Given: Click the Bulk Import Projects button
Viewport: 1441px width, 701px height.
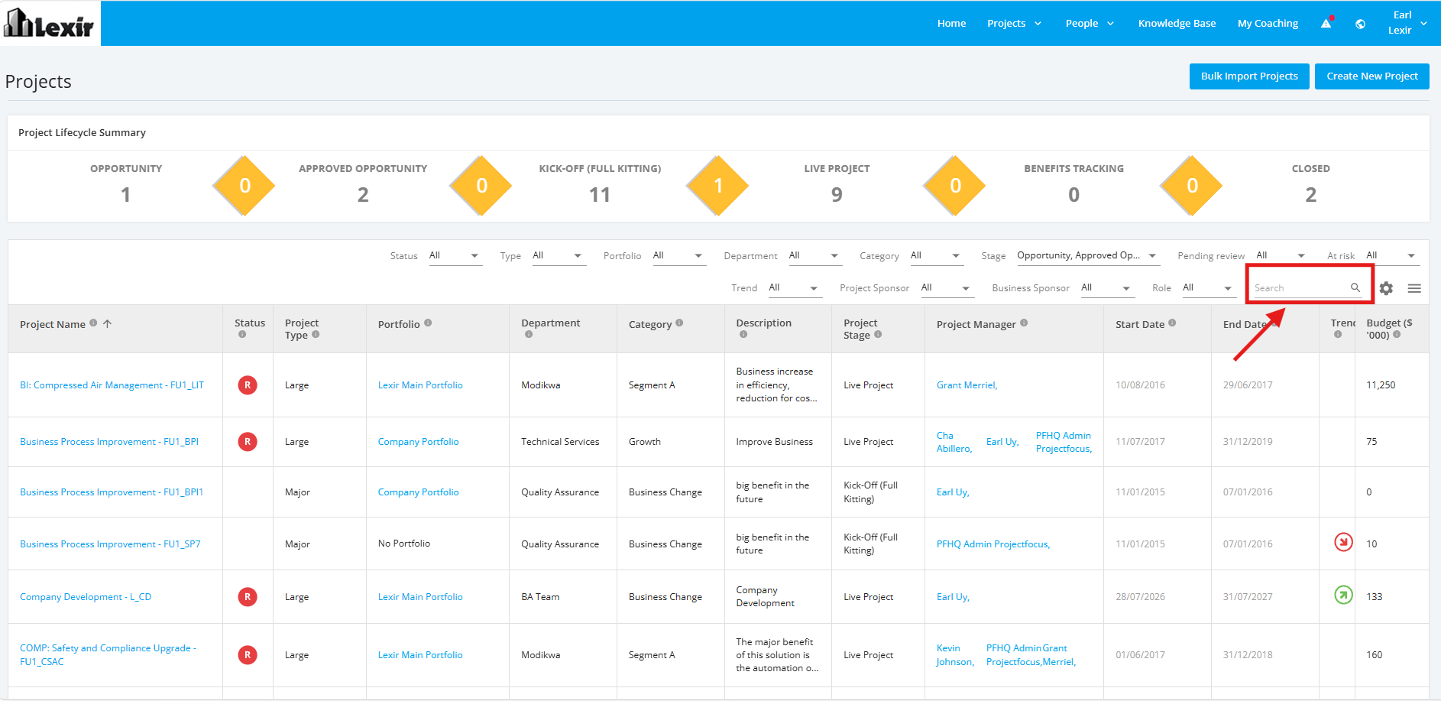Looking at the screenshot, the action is pos(1249,76).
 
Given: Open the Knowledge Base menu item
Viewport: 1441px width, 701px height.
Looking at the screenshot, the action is pos(1177,24).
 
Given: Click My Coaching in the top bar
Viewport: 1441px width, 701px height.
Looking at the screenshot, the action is pos(1268,24).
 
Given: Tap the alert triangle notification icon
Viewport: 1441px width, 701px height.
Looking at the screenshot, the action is pos(1326,23).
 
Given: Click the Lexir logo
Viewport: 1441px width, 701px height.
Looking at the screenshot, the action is pos(50,23).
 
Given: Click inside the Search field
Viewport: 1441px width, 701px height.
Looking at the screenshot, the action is pos(1299,288).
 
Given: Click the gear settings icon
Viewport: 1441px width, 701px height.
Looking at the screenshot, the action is pos(1386,288).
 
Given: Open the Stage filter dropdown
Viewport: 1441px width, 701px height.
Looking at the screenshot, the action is pos(1086,256).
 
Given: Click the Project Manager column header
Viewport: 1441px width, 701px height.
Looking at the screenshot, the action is pos(976,324).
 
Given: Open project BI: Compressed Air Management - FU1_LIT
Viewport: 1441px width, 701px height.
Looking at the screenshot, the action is pos(112,385).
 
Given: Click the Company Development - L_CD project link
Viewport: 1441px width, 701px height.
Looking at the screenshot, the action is pos(86,597).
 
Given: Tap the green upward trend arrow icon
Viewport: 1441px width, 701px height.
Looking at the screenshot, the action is pos(1343,595).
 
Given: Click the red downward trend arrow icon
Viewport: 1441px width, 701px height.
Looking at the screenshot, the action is pos(1343,542).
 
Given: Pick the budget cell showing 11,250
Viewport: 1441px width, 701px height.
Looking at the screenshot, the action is pos(1381,385).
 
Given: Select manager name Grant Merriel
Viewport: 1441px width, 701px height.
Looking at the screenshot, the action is pos(967,385).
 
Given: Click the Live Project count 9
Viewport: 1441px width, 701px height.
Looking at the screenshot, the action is pos(837,195).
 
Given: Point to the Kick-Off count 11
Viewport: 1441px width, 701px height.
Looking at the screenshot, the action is pos(600,195).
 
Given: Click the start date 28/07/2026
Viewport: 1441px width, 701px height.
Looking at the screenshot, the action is pos(1140,597).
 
